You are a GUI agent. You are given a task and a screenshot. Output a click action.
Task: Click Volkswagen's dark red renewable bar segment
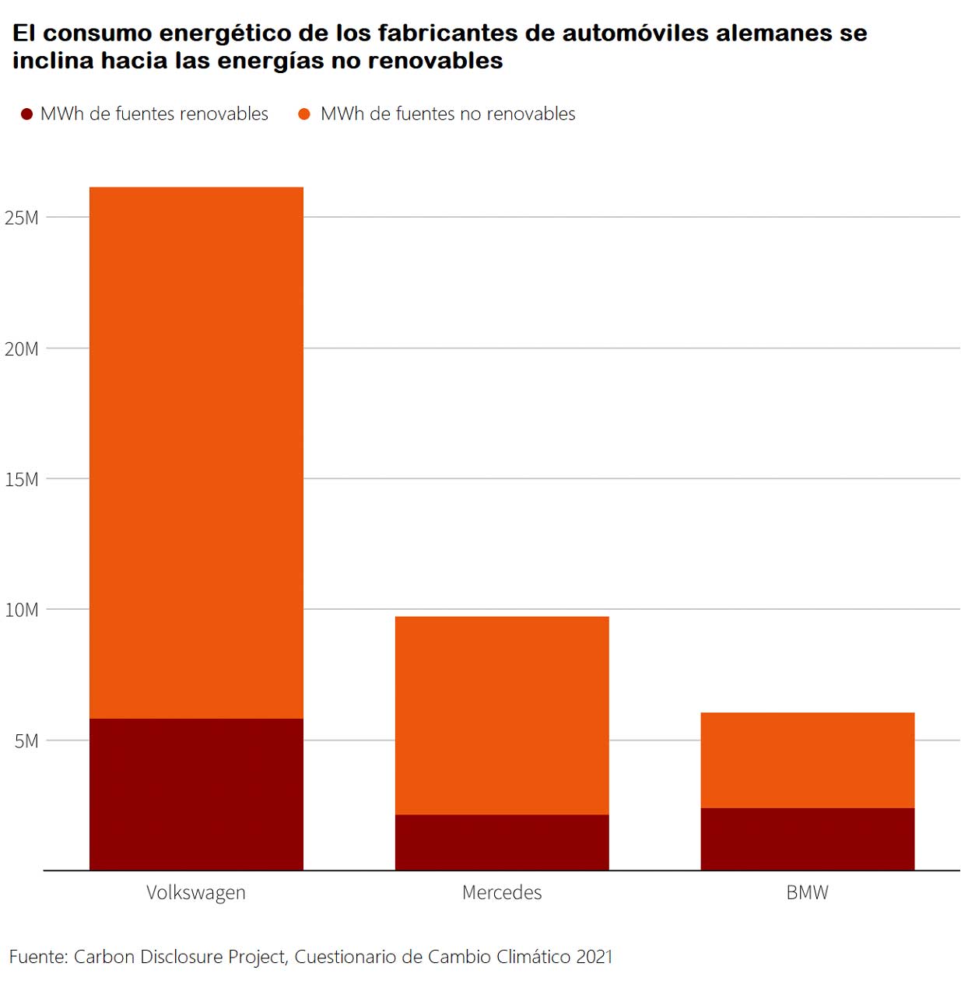tap(196, 793)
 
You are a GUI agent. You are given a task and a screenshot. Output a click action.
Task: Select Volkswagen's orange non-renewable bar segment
tap(196, 451)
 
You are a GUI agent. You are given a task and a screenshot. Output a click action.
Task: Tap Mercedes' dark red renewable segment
tap(502, 842)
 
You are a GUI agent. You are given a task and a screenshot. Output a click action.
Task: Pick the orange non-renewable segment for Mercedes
tap(502, 715)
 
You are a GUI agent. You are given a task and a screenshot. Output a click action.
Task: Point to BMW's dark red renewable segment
tap(807, 839)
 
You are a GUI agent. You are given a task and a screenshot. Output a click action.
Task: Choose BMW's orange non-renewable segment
tap(807, 759)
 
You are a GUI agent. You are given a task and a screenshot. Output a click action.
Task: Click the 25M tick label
tap(22, 218)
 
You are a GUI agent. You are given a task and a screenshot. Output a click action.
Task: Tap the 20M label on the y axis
tap(22, 348)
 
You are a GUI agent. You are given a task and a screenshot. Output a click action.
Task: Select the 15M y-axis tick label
tap(22, 479)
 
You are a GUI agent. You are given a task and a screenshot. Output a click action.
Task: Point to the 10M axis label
tap(22, 610)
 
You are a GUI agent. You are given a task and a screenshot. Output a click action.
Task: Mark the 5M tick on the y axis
tap(26, 741)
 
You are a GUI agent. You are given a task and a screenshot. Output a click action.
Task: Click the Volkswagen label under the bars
tap(196, 892)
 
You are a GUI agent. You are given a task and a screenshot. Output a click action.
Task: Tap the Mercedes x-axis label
tap(502, 892)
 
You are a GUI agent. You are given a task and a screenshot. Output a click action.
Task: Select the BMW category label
tap(807, 892)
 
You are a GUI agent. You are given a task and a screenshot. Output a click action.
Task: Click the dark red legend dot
tap(26, 114)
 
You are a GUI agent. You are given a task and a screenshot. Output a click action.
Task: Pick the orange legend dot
tap(304, 114)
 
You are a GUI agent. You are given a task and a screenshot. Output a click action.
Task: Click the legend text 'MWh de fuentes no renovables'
tap(447, 114)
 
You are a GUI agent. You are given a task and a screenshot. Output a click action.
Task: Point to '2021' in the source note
tap(594, 956)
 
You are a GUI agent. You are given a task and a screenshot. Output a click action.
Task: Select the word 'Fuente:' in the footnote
tap(38, 956)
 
